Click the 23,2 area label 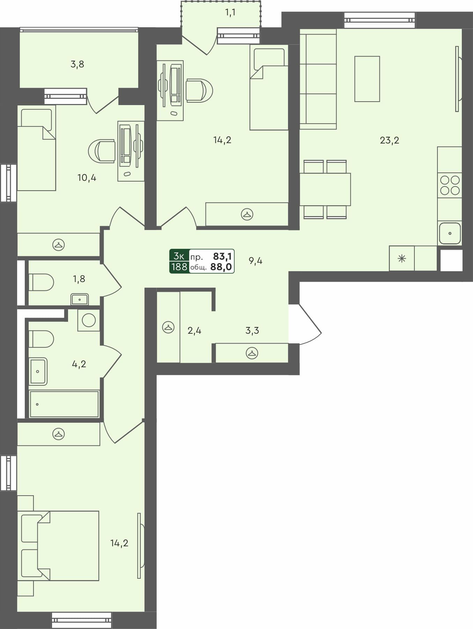[389, 140]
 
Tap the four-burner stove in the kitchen [450, 185]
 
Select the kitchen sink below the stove [450, 233]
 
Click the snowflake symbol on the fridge [402, 259]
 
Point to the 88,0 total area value [221, 267]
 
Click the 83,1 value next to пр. [222, 256]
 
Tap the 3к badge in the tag [179, 256]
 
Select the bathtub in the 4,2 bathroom [64, 404]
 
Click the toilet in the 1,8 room [41, 282]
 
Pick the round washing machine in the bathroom [89, 320]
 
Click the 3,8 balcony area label [77, 64]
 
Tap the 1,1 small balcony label [230, 13]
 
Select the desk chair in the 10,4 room [102, 151]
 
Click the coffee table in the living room [367, 79]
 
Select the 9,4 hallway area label [256, 261]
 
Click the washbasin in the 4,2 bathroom [38, 371]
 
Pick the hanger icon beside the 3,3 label [252, 353]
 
